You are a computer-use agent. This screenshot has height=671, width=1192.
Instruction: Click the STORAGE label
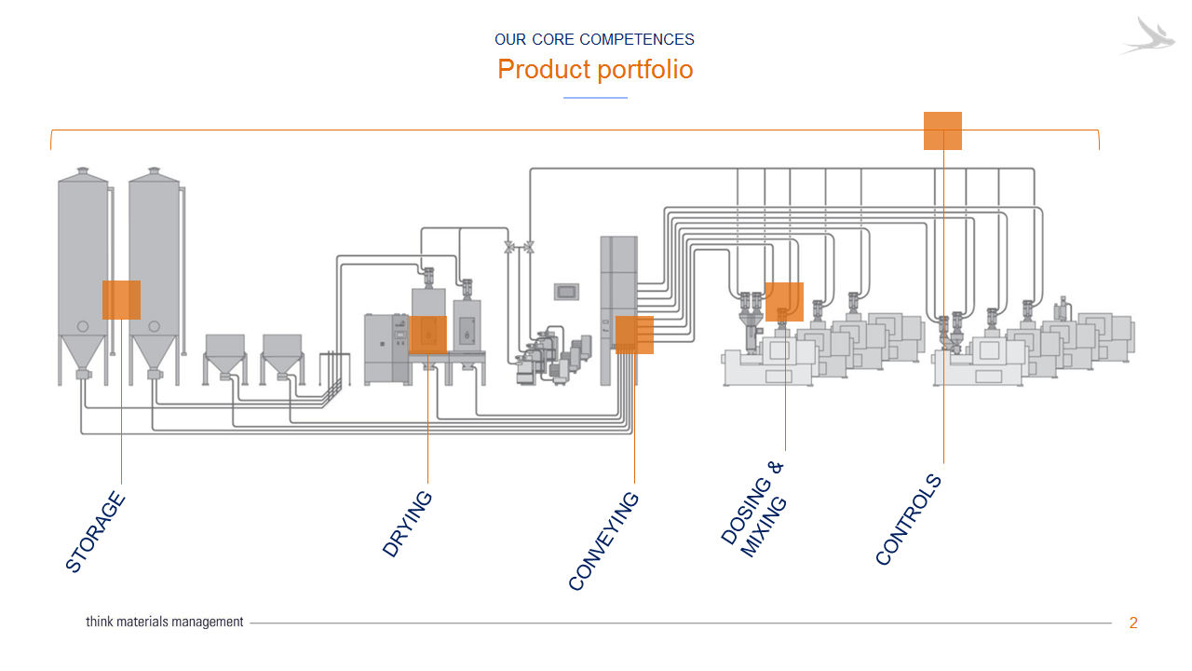pyautogui.click(x=95, y=531)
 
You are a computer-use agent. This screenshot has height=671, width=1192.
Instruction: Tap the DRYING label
pyautogui.click(x=407, y=524)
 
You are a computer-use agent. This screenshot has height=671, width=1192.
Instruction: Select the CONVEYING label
pyautogui.click(x=603, y=541)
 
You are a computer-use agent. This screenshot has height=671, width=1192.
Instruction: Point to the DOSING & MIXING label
pyautogui.click(x=753, y=509)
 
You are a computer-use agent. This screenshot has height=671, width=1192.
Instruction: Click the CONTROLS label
pyautogui.click(x=908, y=519)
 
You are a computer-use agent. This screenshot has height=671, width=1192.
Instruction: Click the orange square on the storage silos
pyautogui.click(x=121, y=300)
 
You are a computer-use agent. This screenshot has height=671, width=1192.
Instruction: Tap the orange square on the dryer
pyautogui.click(x=427, y=335)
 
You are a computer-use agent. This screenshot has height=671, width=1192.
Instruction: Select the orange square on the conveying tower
pyautogui.click(x=634, y=335)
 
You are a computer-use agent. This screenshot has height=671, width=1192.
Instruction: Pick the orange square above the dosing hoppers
pyautogui.click(x=784, y=301)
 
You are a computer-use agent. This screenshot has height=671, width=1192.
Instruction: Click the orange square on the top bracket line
pyautogui.click(x=942, y=130)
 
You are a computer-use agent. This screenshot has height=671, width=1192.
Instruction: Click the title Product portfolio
pyautogui.click(x=595, y=69)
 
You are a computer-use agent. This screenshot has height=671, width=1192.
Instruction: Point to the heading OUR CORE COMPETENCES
pyautogui.click(x=594, y=39)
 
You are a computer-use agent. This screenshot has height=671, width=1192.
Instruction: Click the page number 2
pyautogui.click(x=1133, y=623)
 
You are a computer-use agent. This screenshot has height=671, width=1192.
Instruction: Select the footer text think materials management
pyautogui.click(x=165, y=622)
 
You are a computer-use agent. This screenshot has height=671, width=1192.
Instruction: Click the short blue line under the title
pyautogui.click(x=595, y=98)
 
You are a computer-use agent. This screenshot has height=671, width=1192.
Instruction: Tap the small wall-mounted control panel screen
pyautogui.click(x=566, y=292)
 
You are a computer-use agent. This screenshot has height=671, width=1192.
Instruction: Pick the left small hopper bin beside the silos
pyautogui.click(x=224, y=358)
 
